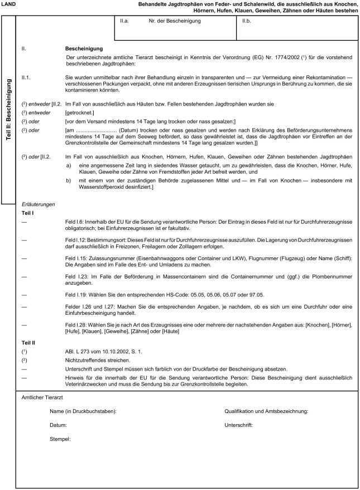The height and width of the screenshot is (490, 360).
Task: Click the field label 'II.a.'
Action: click(124, 22)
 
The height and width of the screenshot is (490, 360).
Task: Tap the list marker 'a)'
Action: click(69, 166)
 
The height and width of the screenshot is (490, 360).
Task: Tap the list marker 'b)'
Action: click(69, 181)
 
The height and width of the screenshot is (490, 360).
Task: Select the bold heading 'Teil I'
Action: click(28, 214)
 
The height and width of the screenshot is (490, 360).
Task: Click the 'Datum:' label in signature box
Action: click(58, 425)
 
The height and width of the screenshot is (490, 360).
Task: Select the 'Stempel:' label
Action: click(60, 439)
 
